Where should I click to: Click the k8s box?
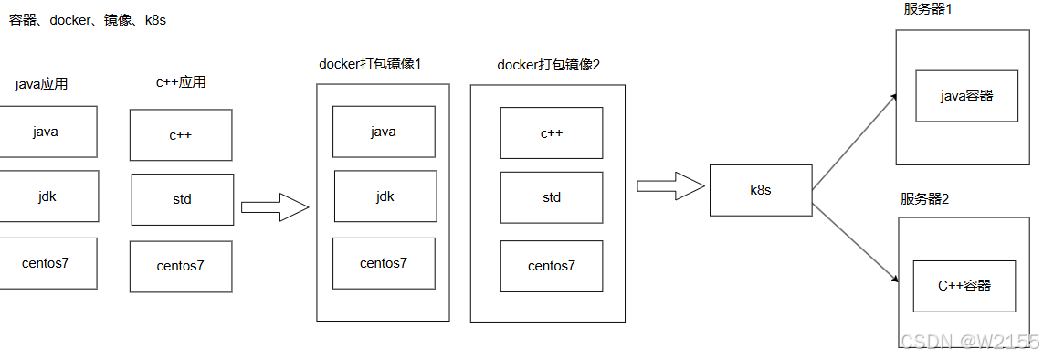(761, 190)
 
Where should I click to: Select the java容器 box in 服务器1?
(966, 96)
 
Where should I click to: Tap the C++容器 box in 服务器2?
(964, 286)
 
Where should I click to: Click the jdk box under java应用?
(47, 196)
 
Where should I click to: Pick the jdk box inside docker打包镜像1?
(385, 196)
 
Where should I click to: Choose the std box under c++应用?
(183, 199)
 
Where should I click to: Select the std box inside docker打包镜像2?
(552, 197)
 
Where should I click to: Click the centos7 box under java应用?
(47, 263)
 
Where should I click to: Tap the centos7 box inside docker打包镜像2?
(552, 266)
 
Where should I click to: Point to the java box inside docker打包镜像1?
(384, 131)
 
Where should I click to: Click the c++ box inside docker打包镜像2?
(552, 133)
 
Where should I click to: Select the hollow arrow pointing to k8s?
(670, 185)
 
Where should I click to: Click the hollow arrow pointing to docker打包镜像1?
(276, 206)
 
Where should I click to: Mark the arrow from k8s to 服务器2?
(854, 241)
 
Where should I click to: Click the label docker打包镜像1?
(371, 64)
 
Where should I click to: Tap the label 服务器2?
(924, 199)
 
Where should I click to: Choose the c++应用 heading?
(180, 82)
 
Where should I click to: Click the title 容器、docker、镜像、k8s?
(87, 20)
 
